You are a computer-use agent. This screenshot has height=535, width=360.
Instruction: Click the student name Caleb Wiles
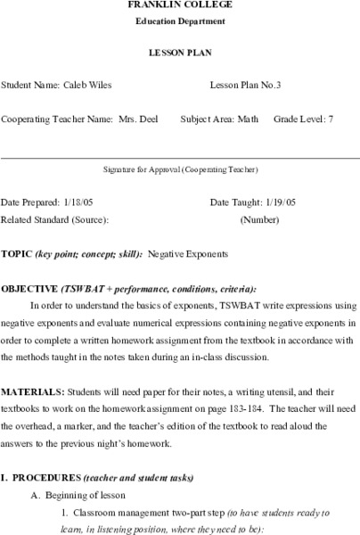[87, 86]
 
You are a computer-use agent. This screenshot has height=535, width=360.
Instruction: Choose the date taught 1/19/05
[271, 202]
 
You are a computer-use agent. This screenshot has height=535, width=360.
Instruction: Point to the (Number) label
[259, 218]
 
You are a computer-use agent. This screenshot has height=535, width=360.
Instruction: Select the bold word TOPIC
[16, 254]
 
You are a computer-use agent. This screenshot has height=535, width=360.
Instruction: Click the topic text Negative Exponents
[187, 254]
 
